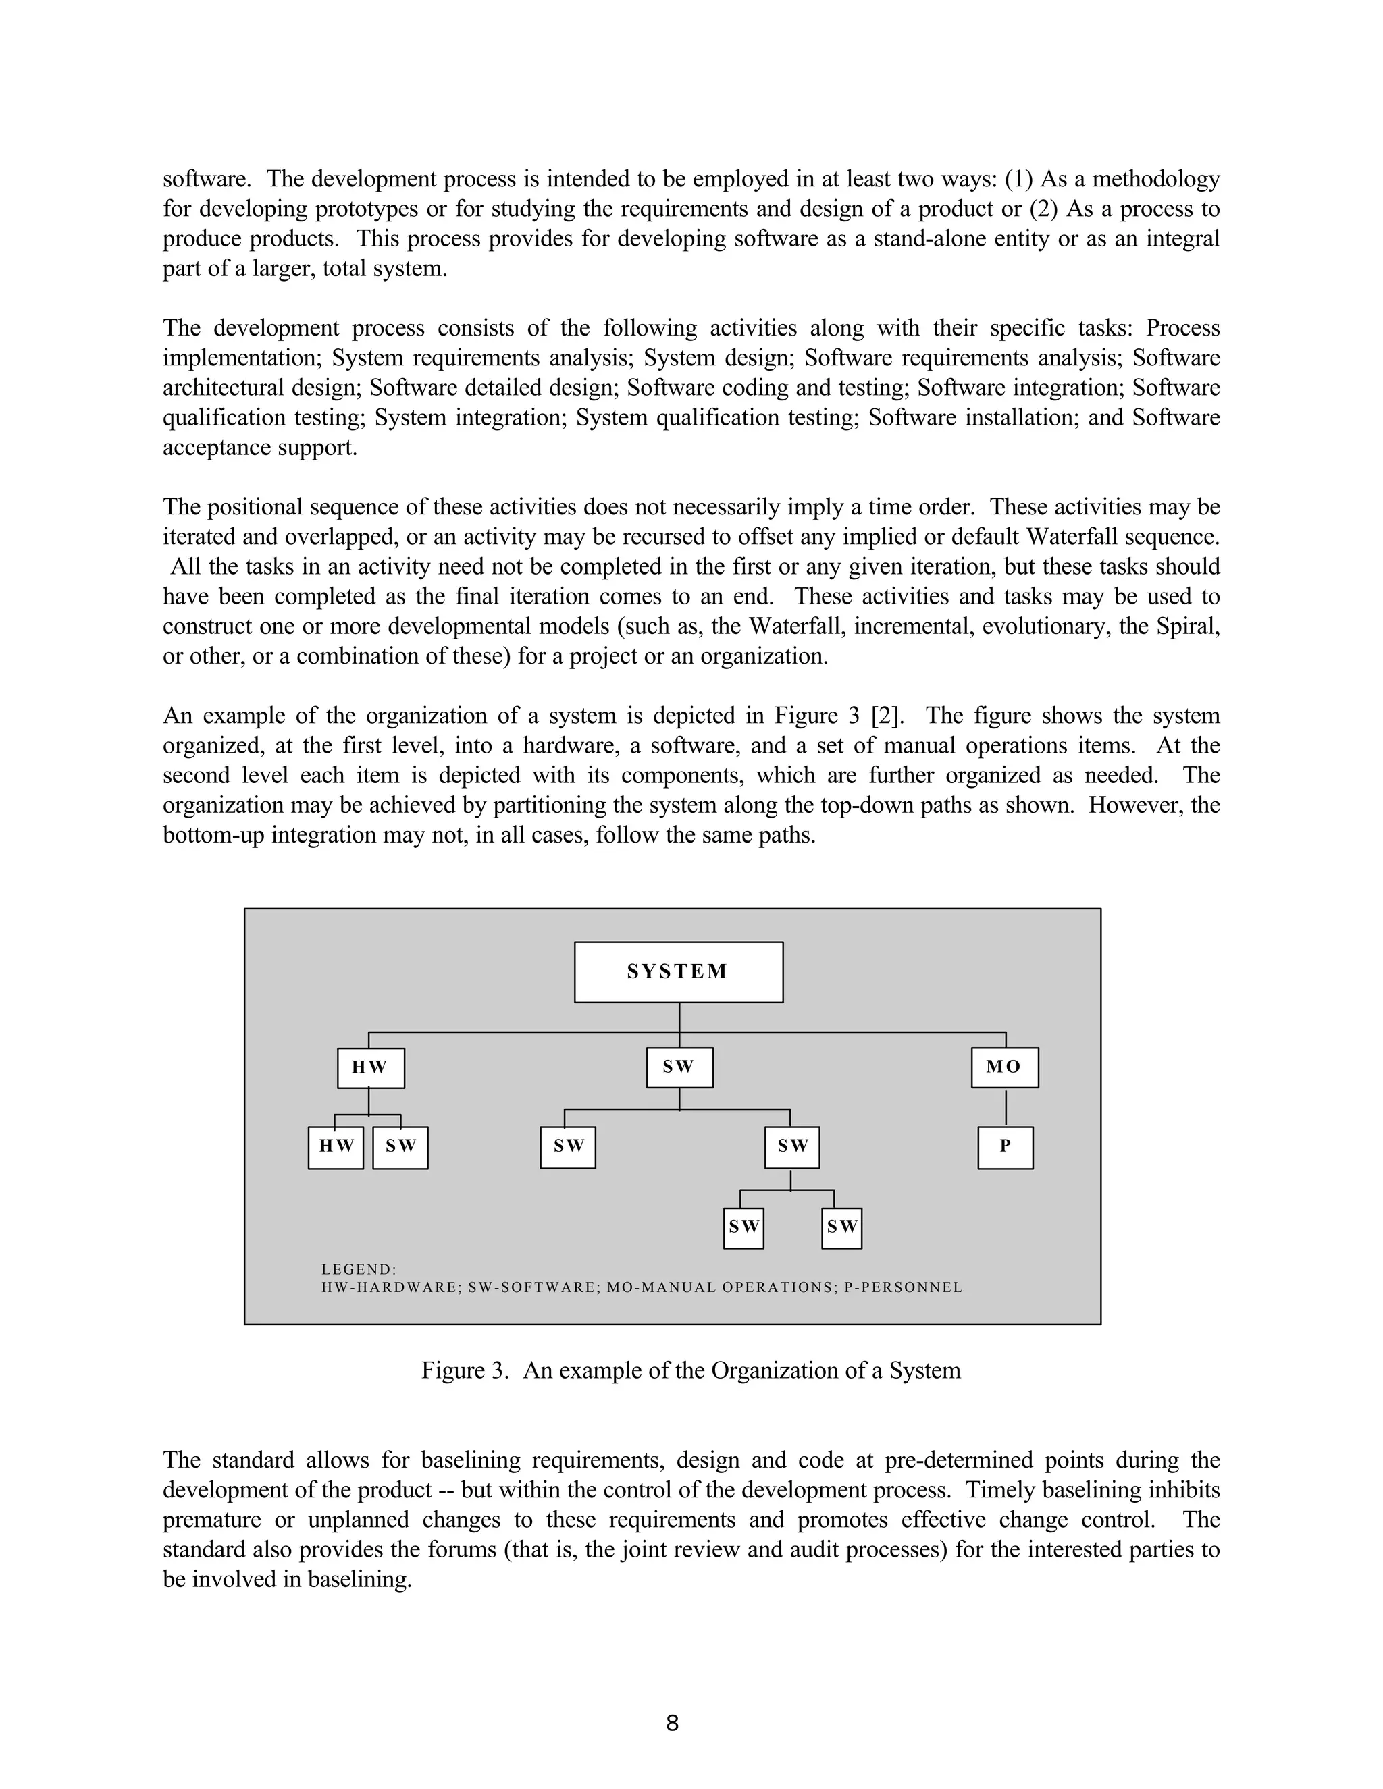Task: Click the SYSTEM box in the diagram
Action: pos(679,971)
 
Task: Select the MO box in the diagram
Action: pos(1004,1067)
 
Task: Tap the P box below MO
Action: pos(1006,1147)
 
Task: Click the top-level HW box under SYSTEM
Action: pos(370,1067)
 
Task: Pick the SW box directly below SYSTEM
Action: pos(679,1067)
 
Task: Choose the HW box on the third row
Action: pos(336,1147)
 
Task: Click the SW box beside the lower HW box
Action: pos(400,1147)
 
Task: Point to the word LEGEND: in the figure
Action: pos(359,1270)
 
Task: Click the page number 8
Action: pos(672,1724)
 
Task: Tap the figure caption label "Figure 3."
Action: pos(465,1370)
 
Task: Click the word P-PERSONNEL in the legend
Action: pos(904,1287)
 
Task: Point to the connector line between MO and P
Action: pos(1006,1107)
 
